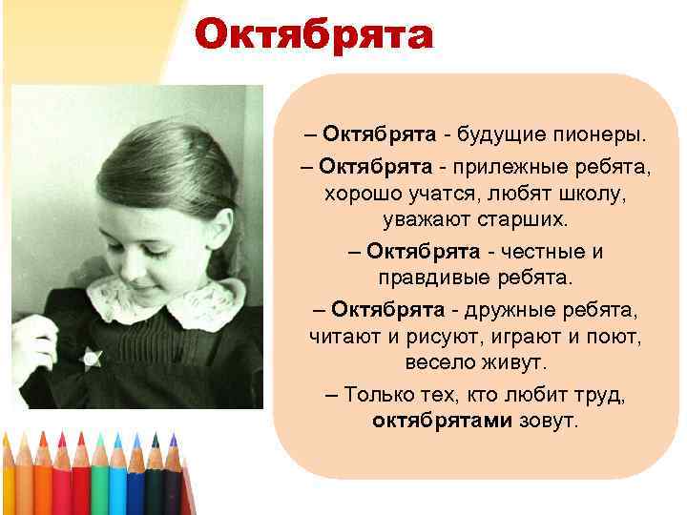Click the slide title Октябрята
[x=314, y=36]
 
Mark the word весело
[x=438, y=363]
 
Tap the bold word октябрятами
[x=442, y=421]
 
